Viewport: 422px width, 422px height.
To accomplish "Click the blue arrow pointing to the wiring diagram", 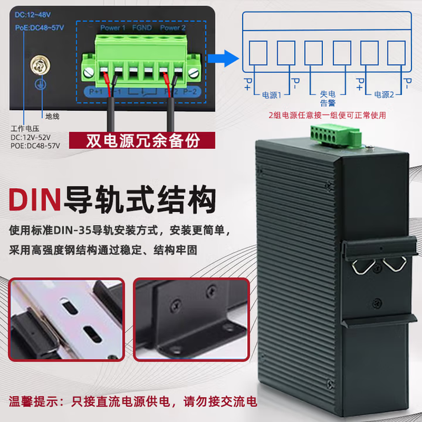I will click(222, 57).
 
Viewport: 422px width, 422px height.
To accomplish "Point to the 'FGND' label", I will click(142, 27).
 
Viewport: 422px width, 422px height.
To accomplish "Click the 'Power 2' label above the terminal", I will click(172, 27).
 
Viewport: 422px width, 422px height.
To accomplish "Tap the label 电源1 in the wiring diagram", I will click(272, 95).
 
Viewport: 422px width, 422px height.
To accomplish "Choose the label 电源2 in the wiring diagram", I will click(384, 95).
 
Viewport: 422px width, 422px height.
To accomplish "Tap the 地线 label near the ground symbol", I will click(53, 116).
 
